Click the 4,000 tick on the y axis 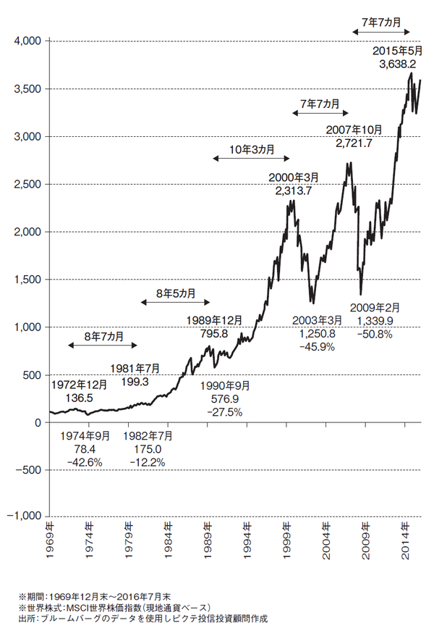point(27,41)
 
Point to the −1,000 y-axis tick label point(23,517)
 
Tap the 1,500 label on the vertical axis point(27,280)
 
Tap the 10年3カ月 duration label point(251,149)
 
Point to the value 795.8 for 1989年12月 point(212,333)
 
